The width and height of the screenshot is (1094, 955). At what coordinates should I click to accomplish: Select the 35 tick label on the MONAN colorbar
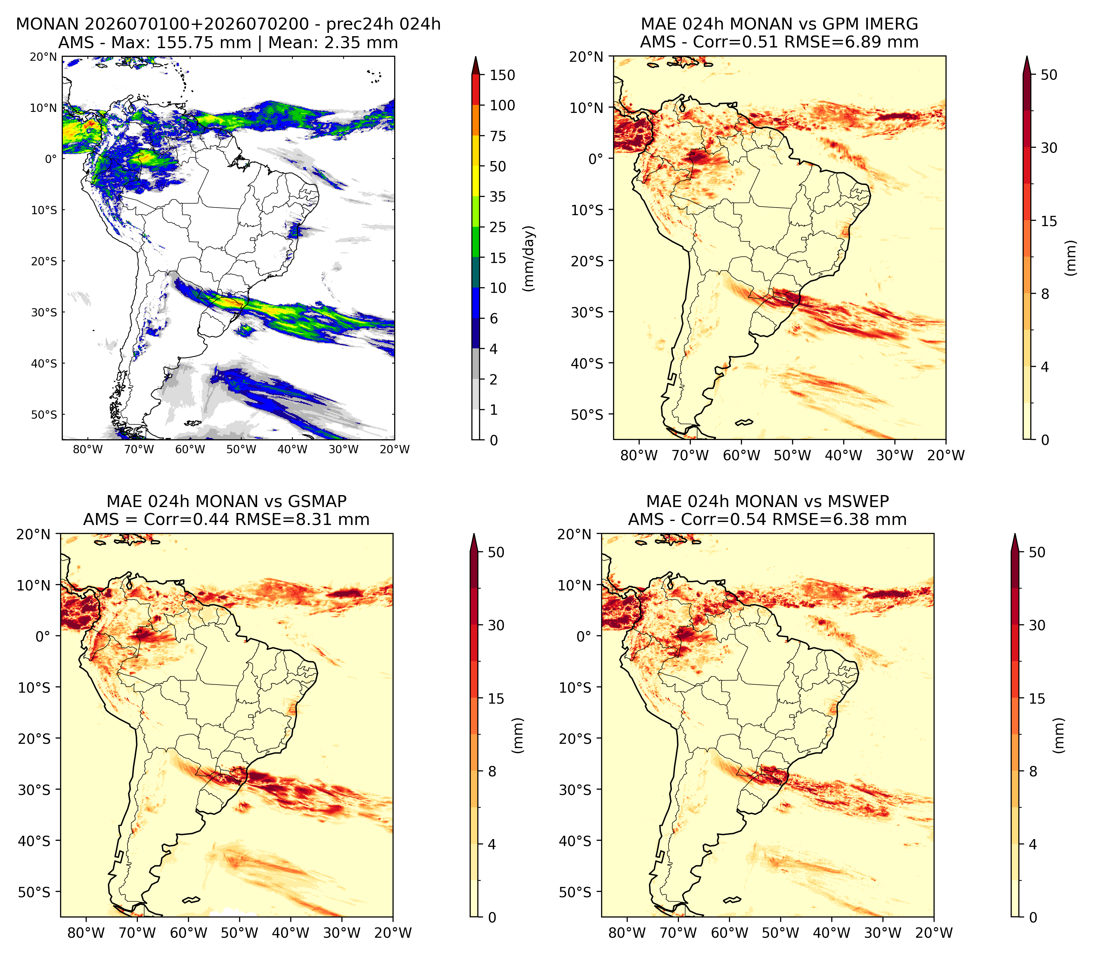[498, 197]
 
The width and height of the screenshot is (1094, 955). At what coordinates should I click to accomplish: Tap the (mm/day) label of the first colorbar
[529, 258]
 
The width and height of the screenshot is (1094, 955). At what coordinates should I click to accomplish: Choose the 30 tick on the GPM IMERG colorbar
[1049, 148]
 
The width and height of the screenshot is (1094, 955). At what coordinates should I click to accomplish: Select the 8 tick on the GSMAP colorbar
[493, 771]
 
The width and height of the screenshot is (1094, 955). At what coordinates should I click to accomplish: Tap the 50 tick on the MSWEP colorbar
[1037, 552]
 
